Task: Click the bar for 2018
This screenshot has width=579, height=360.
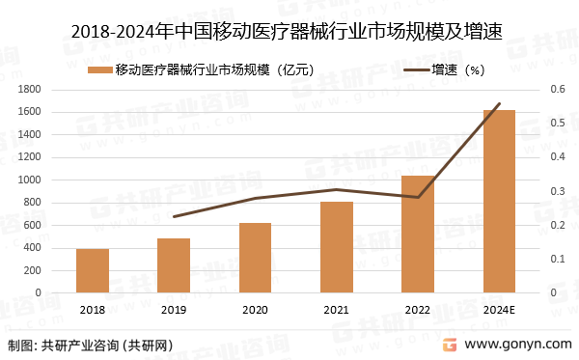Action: (x=93, y=270)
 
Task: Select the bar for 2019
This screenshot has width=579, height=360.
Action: (x=174, y=265)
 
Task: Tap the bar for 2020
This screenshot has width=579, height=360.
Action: (x=256, y=258)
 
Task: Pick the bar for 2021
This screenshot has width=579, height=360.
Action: (x=337, y=247)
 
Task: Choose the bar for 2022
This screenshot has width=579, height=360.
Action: (x=418, y=234)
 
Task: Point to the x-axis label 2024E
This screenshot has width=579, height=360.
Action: (x=499, y=309)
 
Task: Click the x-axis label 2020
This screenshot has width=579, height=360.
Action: (x=256, y=309)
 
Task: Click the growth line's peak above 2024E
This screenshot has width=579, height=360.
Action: (x=499, y=103)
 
